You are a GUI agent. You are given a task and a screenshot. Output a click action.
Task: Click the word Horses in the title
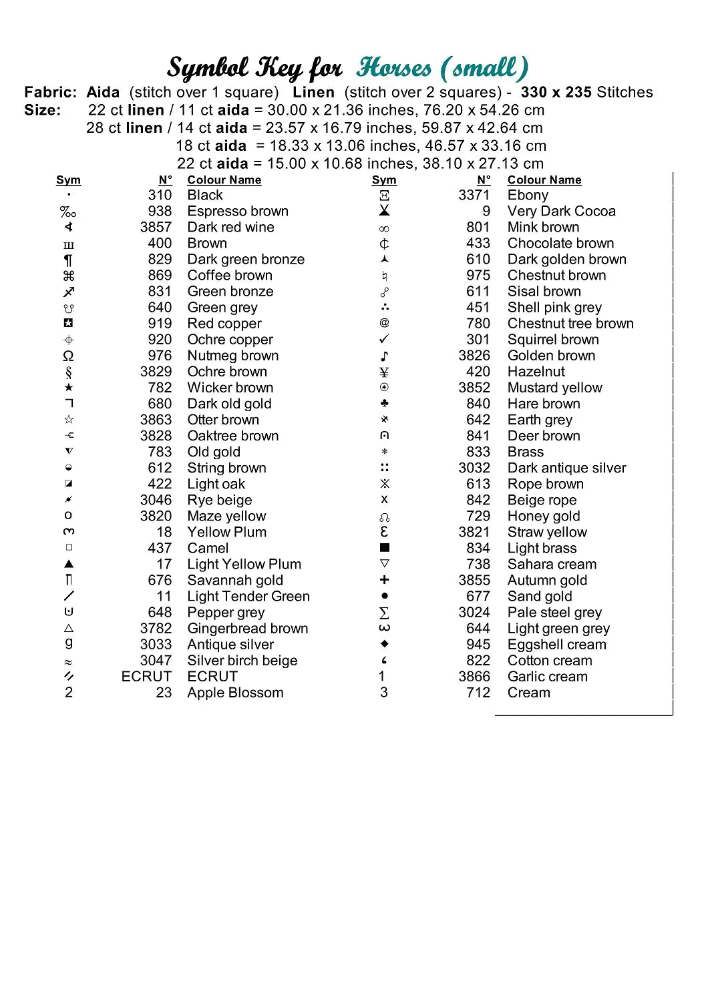394,68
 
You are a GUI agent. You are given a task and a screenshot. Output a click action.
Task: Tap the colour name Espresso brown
238,212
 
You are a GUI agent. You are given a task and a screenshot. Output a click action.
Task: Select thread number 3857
156,228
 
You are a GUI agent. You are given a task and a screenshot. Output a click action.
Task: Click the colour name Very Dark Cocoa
561,212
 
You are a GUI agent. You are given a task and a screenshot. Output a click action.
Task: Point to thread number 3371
474,196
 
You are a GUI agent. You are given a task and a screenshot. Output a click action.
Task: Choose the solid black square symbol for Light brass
384,548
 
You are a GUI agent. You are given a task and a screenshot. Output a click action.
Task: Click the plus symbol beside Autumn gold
384,580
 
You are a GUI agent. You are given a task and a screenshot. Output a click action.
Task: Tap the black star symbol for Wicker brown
69,388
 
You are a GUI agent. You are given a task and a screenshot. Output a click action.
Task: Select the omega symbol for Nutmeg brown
68,356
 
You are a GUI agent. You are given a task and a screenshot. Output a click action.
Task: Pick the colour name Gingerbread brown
248,629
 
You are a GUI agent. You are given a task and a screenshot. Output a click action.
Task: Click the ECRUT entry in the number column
146,677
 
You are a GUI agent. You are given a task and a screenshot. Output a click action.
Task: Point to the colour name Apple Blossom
235,693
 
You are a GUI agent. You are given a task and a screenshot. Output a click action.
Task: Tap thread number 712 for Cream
478,693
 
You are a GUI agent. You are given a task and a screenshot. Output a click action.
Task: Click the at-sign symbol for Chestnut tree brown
384,323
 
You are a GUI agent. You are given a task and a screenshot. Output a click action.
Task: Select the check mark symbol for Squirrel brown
384,339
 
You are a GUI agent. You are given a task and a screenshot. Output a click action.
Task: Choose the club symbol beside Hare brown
384,403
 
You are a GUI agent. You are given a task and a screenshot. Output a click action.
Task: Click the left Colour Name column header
224,180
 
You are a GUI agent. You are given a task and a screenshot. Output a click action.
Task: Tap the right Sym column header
384,180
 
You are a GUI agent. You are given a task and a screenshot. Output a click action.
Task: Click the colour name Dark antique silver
566,468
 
